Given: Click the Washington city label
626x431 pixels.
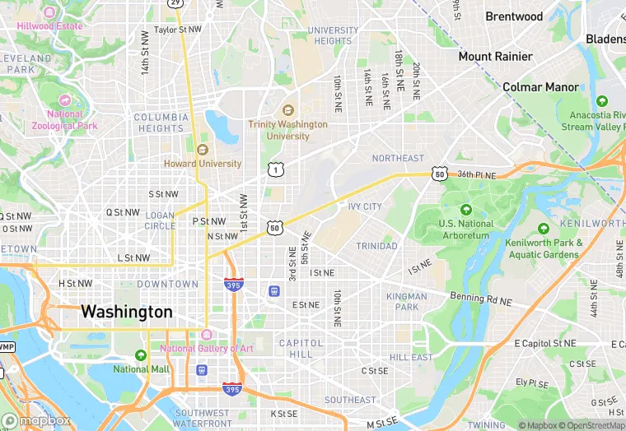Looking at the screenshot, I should [x=127, y=313].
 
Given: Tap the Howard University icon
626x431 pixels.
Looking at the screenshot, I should [x=203, y=150].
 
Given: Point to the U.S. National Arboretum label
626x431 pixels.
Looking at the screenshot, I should [x=466, y=229].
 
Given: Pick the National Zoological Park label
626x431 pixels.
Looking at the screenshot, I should [x=65, y=120].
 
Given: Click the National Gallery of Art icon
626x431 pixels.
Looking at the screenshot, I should [x=206, y=335].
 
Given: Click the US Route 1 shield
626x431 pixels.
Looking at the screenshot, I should [x=275, y=169].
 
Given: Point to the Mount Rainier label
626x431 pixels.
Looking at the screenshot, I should [x=495, y=57].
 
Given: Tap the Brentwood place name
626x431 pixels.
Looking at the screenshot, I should [x=514, y=16].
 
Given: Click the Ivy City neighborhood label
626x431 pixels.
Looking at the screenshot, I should [x=365, y=206].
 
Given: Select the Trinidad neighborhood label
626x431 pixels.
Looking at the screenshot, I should [x=376, y=246].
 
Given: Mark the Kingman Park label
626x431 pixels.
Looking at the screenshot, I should [x=406, y=302].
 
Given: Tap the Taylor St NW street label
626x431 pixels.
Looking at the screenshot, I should [x=177, y=29].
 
